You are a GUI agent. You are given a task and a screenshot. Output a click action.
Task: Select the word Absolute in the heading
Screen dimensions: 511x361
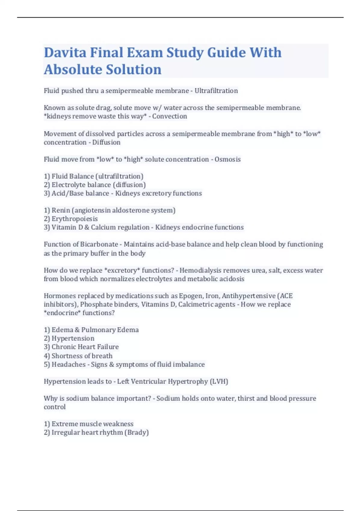[73, 69]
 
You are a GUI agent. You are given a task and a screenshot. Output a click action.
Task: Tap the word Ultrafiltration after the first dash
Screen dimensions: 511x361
[216, 91]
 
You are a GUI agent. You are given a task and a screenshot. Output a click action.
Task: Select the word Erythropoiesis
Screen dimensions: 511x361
[75, 219]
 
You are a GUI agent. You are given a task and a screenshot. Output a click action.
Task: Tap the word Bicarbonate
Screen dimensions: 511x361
[99, 244]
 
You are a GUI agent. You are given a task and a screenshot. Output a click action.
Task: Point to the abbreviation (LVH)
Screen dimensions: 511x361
[219, 381]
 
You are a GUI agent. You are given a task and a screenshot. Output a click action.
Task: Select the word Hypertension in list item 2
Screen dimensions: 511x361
[73, 338]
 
